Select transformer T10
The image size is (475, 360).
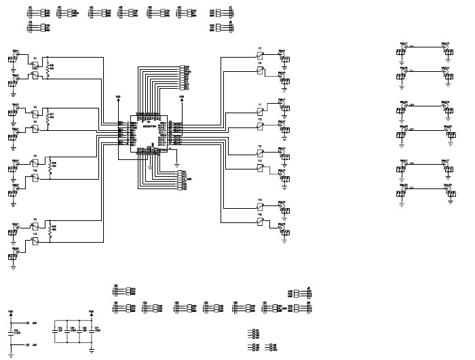[x=35, y=178]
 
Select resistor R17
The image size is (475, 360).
[x=48, y=117]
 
